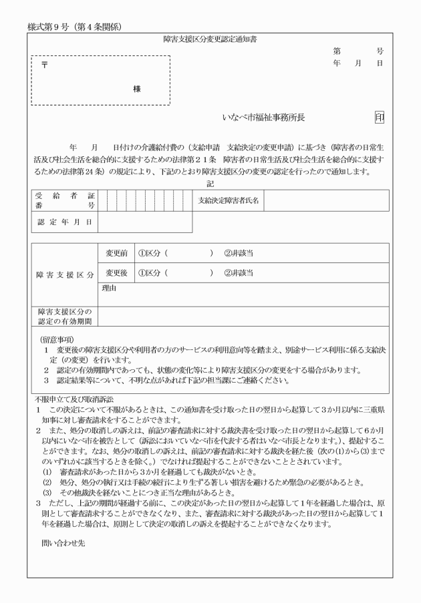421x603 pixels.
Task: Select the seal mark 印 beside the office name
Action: [x=379, y=118]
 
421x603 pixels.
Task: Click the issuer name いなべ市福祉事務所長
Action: [x=263, y=118]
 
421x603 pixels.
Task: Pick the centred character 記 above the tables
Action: [x=210, y=183]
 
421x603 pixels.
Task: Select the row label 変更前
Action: [x=116, y=254]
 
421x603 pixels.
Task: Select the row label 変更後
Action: [x=116, y=272]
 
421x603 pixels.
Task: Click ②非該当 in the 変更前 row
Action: [x=239, y=254]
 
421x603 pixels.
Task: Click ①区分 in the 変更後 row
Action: [x=151, y=272]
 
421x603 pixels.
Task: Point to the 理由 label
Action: [x=110, y=288]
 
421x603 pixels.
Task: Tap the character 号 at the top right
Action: [x=380, y=51]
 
